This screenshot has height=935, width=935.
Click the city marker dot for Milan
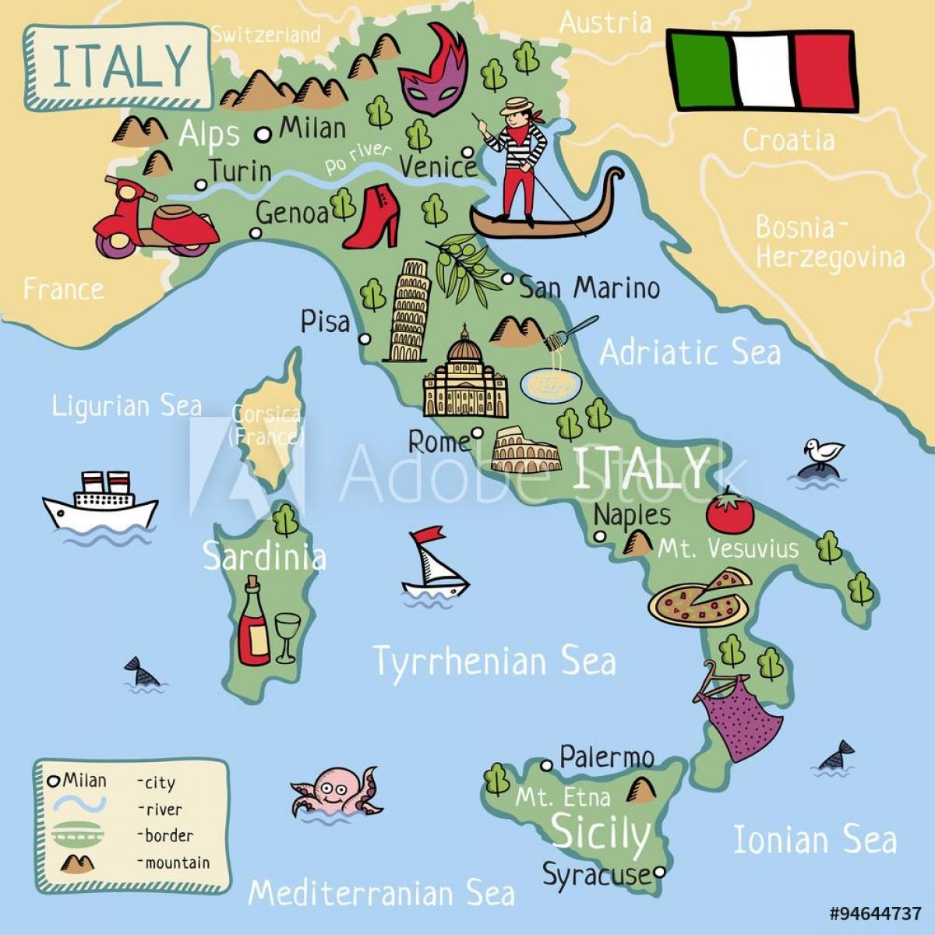[x=263, y=134]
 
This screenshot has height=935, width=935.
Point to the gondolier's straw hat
[x=516, y=106]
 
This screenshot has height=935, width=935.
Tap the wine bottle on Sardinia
[x=253, y=623]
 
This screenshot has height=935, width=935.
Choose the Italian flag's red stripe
[x=826, y=69]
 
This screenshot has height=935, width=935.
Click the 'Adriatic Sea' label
[x=690, y=352]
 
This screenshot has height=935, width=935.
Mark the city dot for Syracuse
[x=660, y=872]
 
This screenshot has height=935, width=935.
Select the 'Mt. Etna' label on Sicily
[x=563, y=796]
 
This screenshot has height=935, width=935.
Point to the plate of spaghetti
[x=550, y=382]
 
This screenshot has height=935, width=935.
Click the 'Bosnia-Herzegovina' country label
[x=830, y=242]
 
